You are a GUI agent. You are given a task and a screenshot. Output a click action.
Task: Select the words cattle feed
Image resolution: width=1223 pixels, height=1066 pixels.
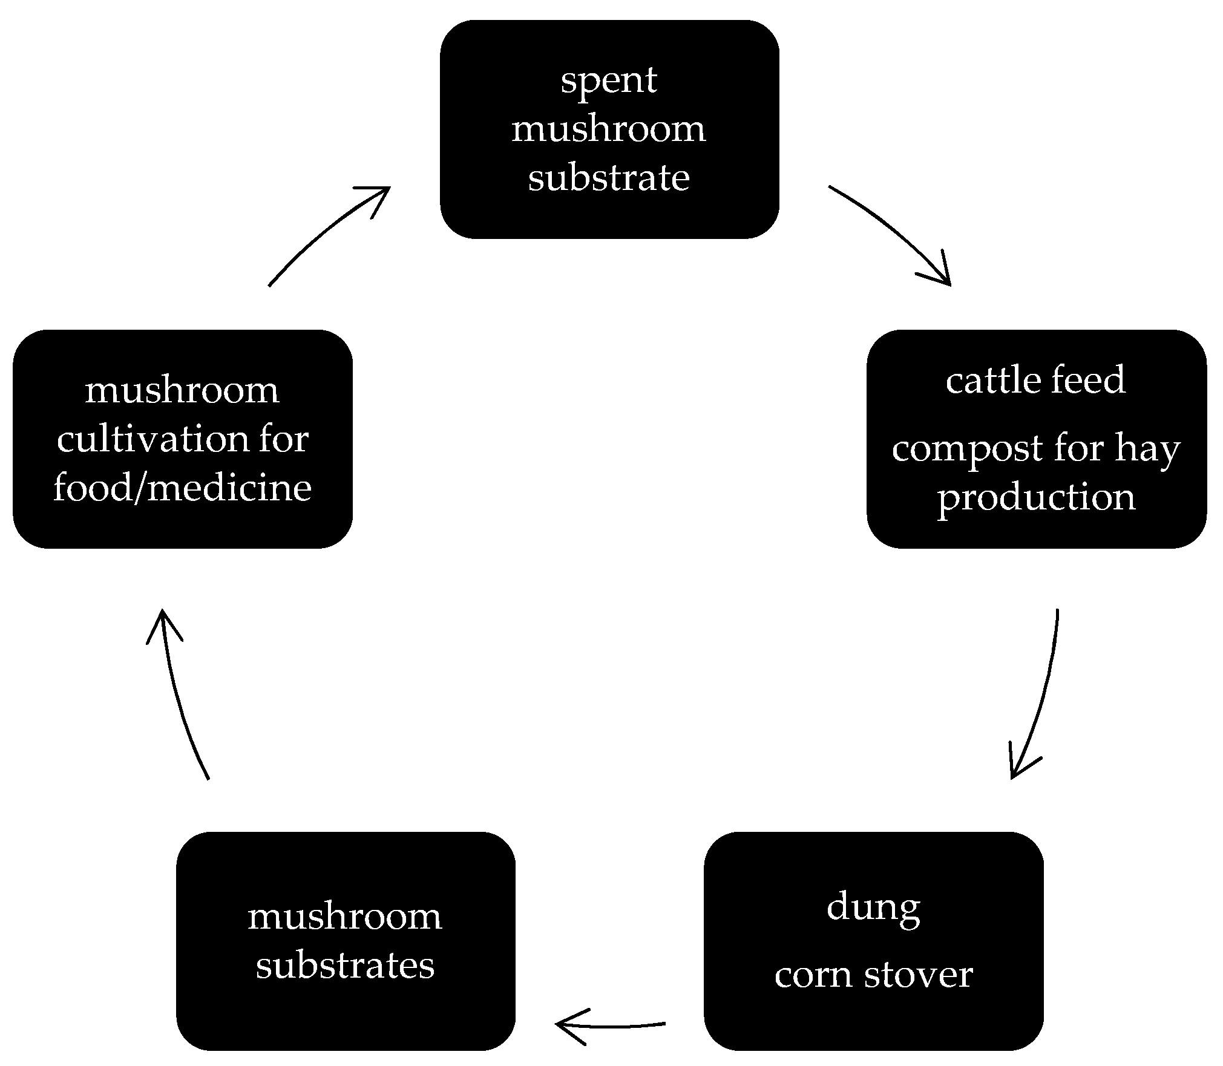(x=1035, y=381)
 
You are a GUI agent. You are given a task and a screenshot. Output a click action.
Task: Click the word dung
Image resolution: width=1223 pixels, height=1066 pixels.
(x=873, y=908)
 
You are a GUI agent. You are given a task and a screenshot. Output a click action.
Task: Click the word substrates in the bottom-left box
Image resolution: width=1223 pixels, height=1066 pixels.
(x=345, y=965)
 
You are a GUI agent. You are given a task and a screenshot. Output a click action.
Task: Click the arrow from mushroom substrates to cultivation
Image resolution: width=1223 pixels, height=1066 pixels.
(x=179, y=696)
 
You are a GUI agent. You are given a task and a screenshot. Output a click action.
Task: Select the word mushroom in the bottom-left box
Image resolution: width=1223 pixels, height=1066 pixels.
(x=345, y=917)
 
